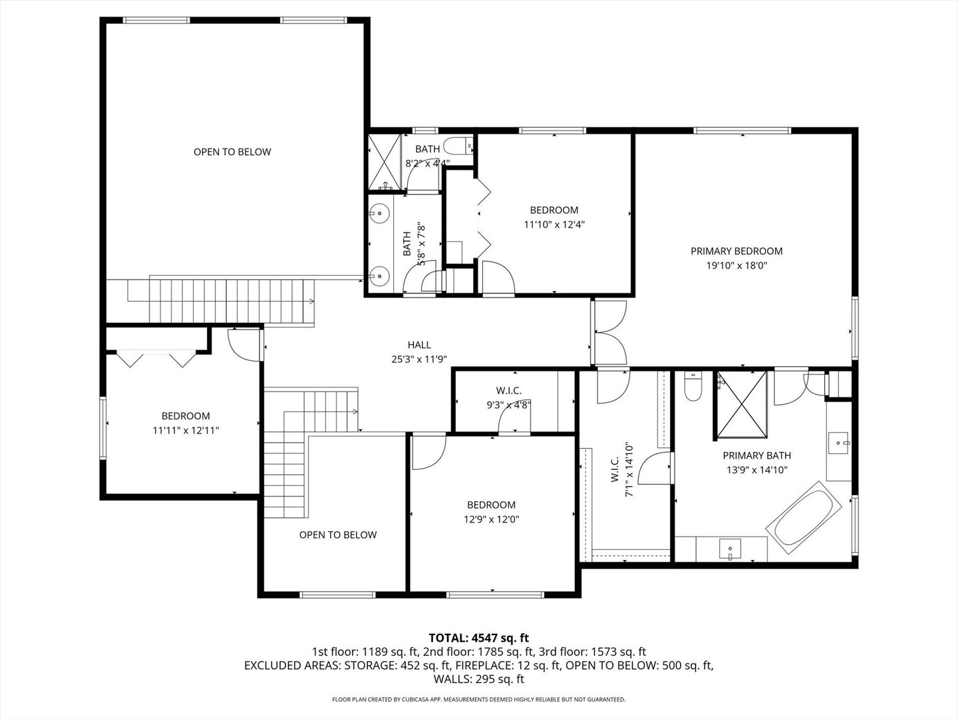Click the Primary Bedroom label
(736, 251)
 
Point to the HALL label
(419, 345)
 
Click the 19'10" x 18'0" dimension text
(736, 265)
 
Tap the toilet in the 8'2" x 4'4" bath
(457, 146)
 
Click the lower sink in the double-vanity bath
(380, 274)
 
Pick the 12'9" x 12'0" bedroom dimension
(491, 519)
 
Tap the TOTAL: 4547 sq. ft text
(478, 638)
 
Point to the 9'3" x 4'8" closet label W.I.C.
(508, 391)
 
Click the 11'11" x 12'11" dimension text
(186, 430)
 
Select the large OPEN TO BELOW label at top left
(232, 152)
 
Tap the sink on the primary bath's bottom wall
(730, 549)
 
